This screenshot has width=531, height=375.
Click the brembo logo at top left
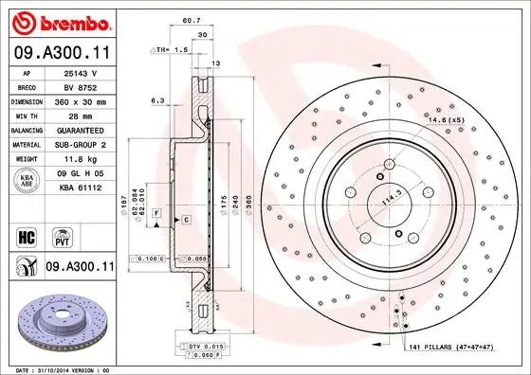coord(58,20)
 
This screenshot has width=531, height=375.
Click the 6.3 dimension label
coord(157,99)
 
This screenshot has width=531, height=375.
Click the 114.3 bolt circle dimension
coord(385,201)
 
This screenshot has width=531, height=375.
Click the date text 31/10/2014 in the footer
coord(57,369)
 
